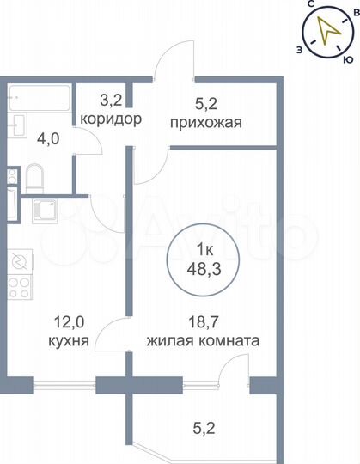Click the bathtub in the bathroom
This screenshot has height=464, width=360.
point(40,97)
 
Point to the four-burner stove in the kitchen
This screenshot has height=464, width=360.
point(20,292)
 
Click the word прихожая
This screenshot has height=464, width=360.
point(207,121)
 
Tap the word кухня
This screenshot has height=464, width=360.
point(68,340)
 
